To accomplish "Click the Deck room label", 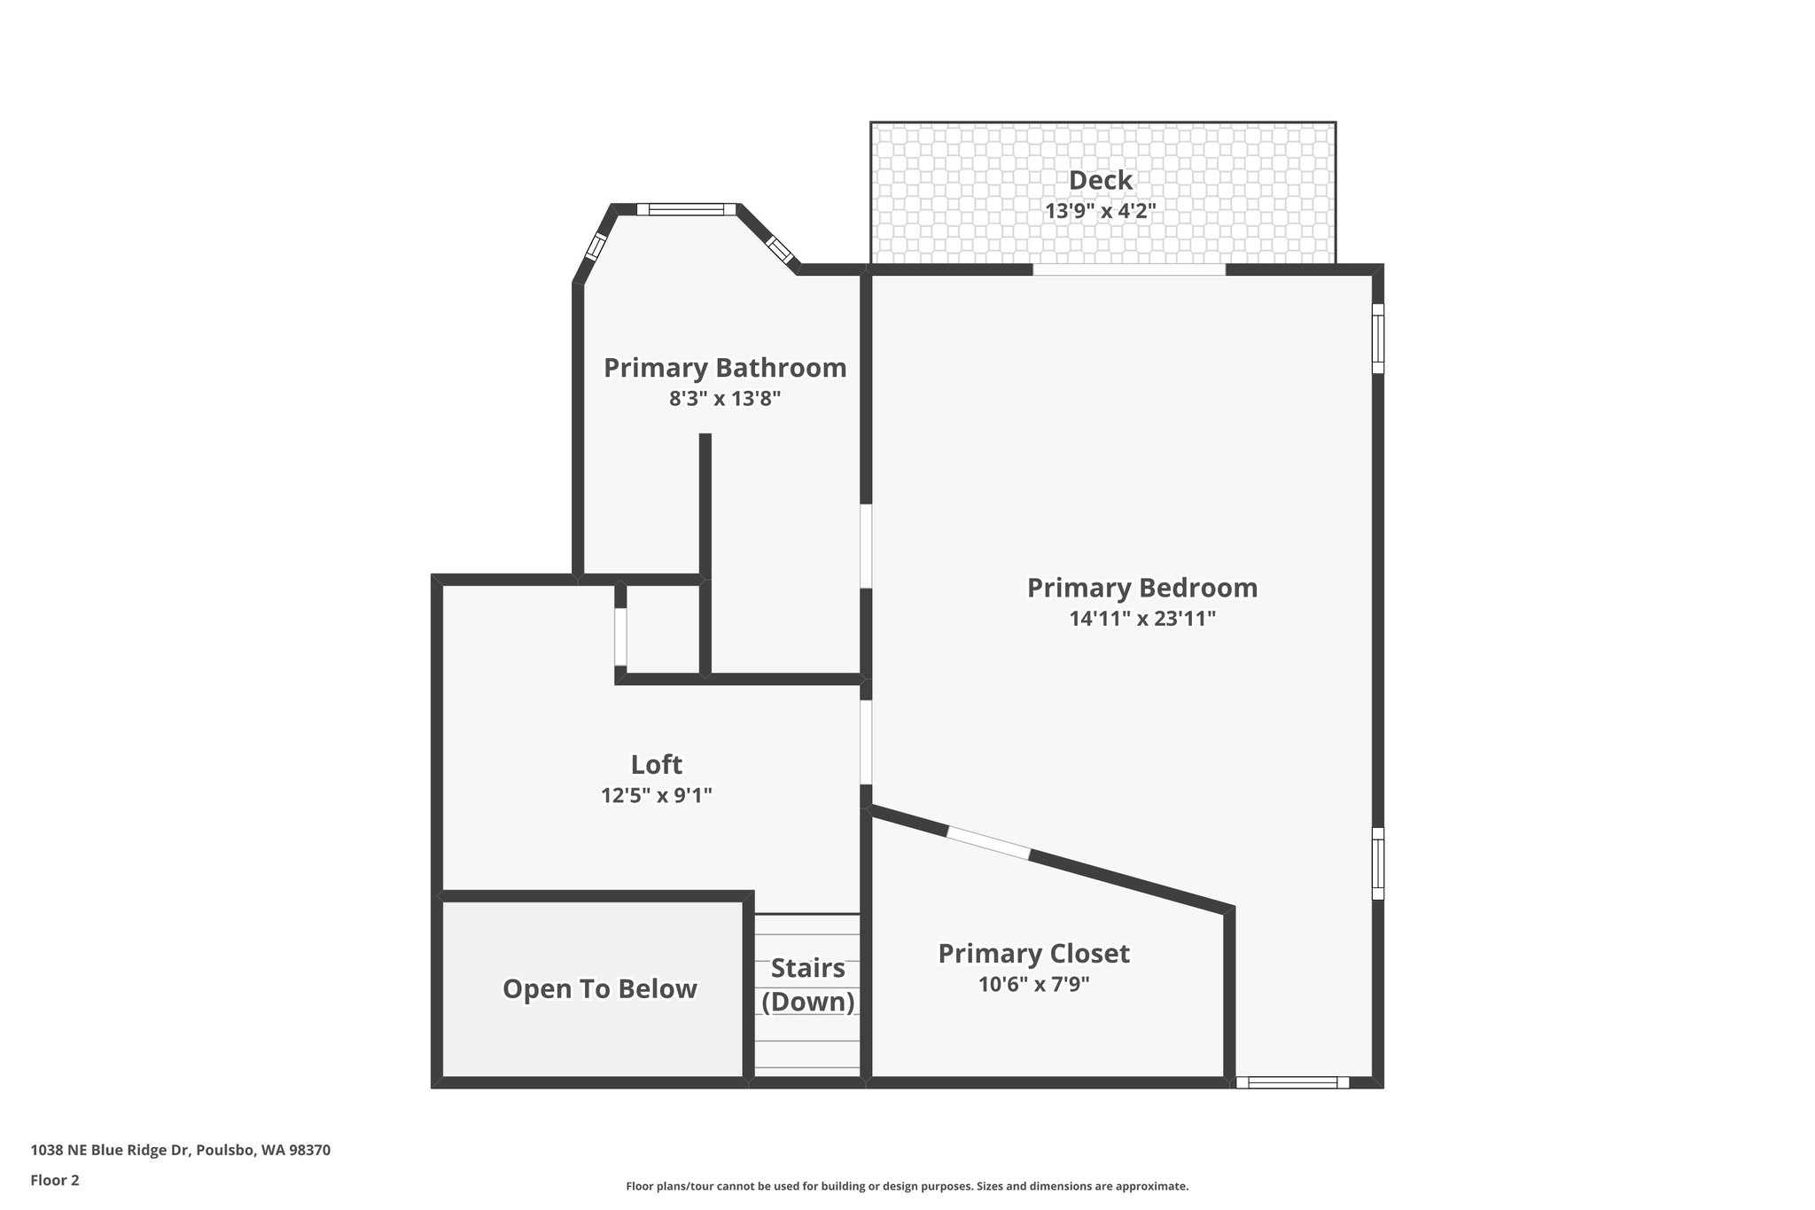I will coord(1100,180).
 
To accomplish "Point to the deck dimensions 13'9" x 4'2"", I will coord(1100,211).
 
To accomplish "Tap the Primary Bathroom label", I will coord(725,367).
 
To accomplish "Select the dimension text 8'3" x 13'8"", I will coord(725,399).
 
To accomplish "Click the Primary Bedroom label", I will coord(1141,588).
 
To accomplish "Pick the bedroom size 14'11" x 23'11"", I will coord(1141,619).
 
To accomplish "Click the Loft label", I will coord(656,764).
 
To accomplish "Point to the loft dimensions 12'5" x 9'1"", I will coord(656,795).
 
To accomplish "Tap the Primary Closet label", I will coord(1033,954).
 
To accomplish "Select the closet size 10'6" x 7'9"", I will coord(1033,984).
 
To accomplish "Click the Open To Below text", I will coord(599,989).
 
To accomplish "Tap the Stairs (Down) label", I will coord(807,985).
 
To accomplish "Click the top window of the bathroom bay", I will coord(687,210).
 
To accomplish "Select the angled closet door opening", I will coord(988,843).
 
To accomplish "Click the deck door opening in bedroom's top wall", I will coord(1129,269).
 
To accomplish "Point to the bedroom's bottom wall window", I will coord(1292,1081).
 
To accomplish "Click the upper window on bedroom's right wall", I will coord(1377,339).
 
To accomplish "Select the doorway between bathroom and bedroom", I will coord(866,546).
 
